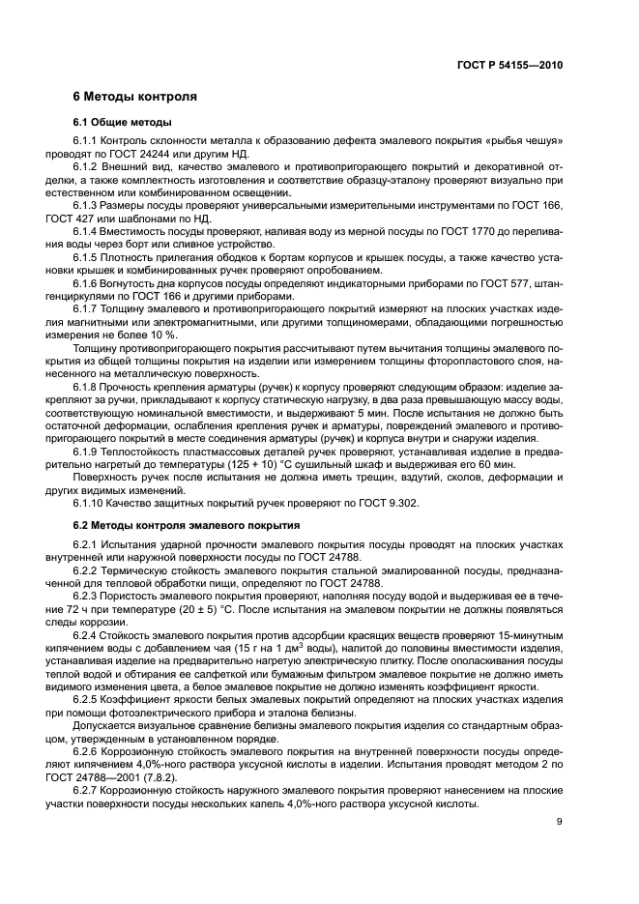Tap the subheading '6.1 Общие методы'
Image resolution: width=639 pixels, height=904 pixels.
123,123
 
